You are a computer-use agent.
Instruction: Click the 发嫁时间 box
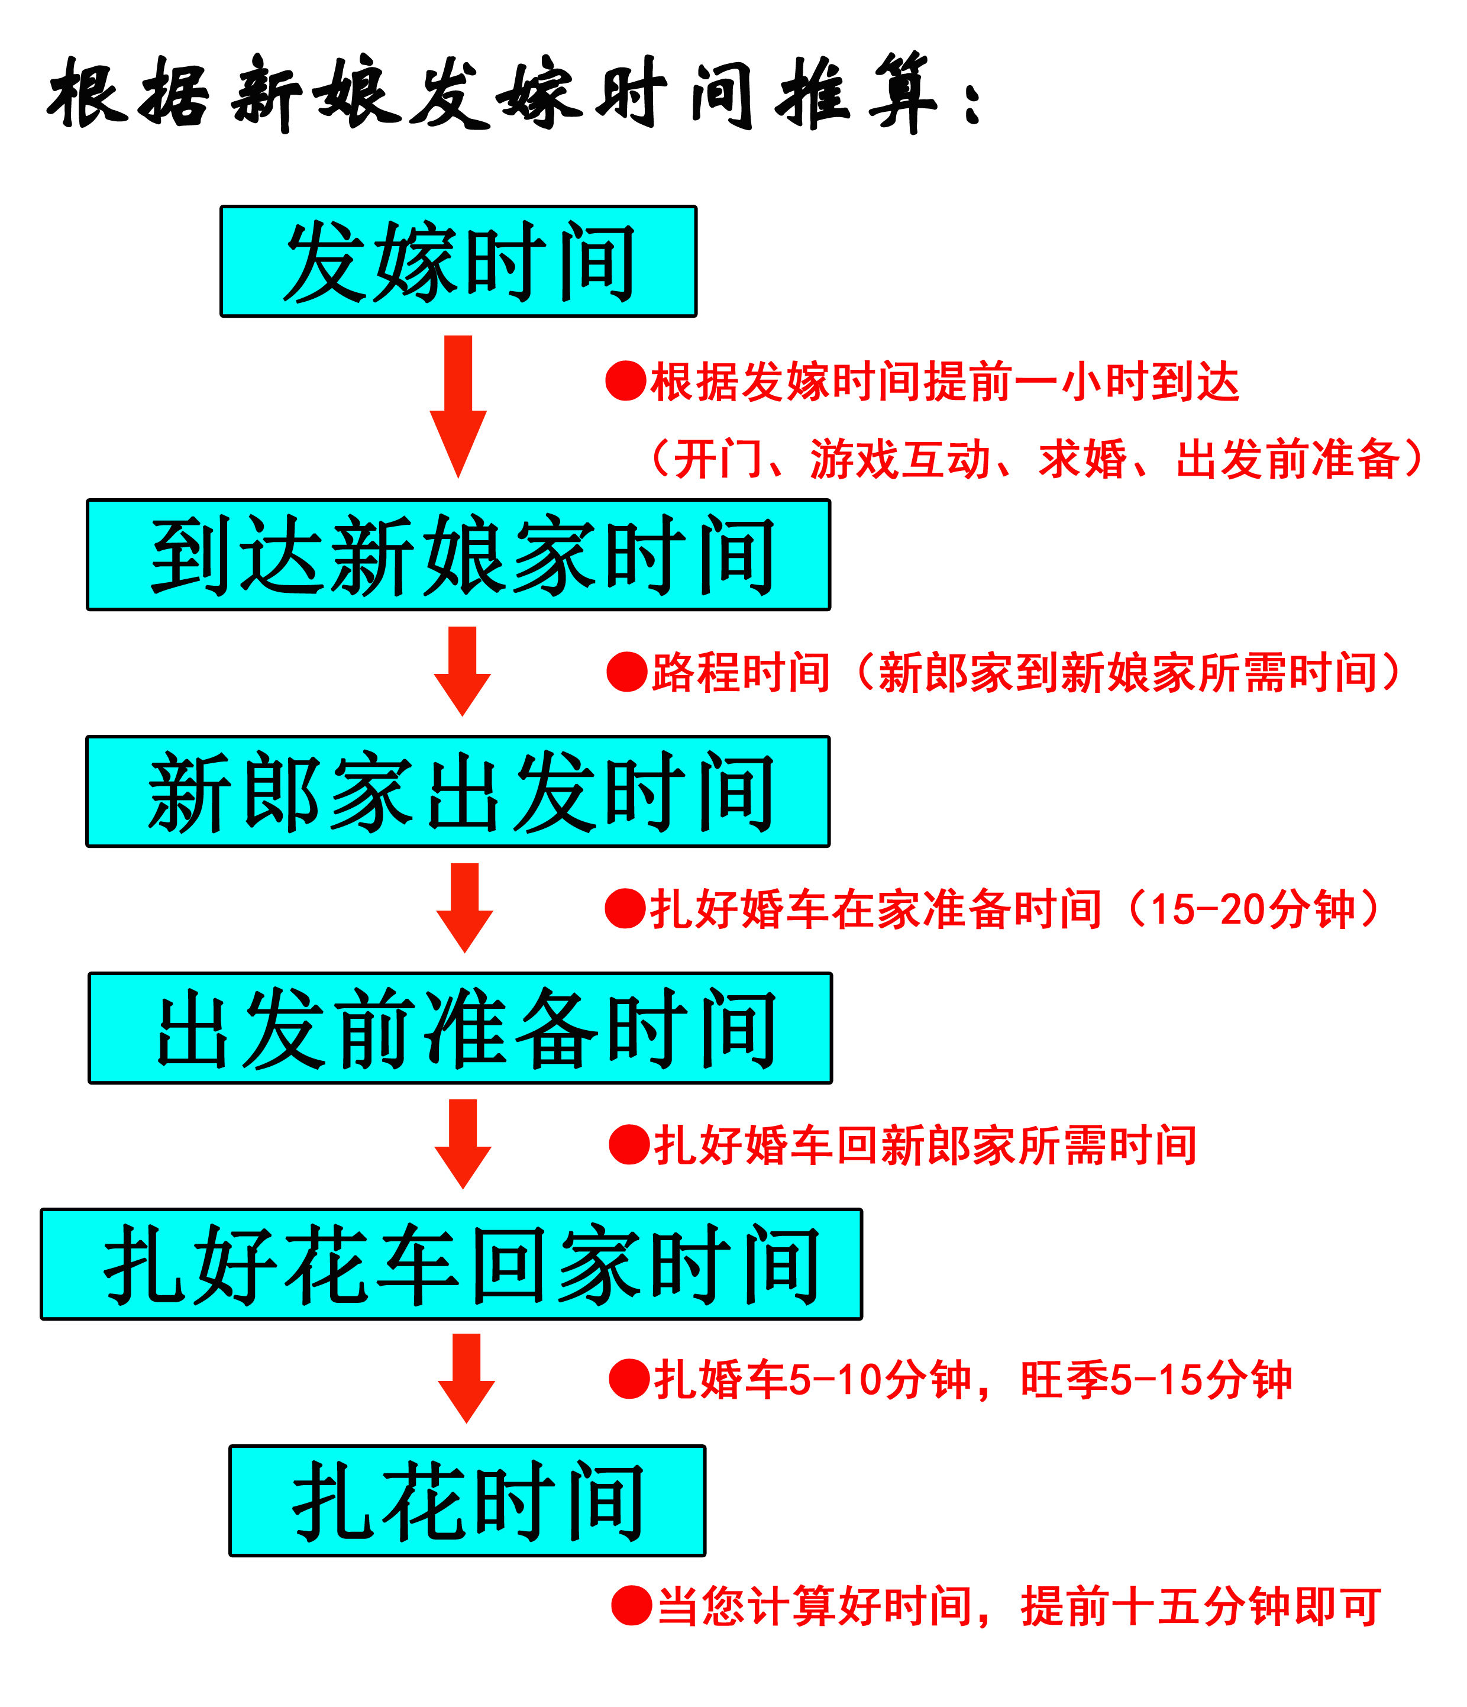458,261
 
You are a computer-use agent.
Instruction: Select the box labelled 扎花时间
467,1501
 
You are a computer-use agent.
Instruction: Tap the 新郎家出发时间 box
459,791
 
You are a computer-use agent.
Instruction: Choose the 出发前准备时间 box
460,1028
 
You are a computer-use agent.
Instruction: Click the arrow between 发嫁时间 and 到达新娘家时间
459,407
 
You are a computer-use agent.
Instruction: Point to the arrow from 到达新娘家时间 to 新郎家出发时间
463,672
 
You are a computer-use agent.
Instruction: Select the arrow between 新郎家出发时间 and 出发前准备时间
463,908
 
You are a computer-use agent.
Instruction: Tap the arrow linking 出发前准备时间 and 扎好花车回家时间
463,1144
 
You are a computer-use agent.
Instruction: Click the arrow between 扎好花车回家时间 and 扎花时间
468,1378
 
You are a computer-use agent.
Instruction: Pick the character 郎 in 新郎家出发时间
283,792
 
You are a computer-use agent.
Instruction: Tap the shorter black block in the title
128,92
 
